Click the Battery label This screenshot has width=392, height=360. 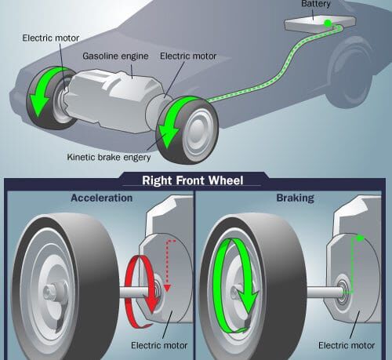tap(316, 4)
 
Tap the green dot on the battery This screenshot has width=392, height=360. tap(328, 24)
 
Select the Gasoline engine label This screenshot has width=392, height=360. tap(115, 56)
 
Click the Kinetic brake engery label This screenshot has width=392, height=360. tap(109, 158)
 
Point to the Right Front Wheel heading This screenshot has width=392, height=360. tap(193, 180)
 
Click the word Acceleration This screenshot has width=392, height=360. tap(102, 198)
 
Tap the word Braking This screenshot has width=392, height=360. tap(296, 198)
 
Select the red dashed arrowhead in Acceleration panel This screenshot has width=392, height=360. tap(167, 288)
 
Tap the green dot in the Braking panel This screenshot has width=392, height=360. tap(360, 238)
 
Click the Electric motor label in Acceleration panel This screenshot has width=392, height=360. tap(159, 345)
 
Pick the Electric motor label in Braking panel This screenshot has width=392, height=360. tap(347, 345)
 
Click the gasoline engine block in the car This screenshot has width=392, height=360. tap(111, 100)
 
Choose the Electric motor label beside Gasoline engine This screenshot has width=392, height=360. tap(188, 56)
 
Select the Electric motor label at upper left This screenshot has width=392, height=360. tap(51, 38)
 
